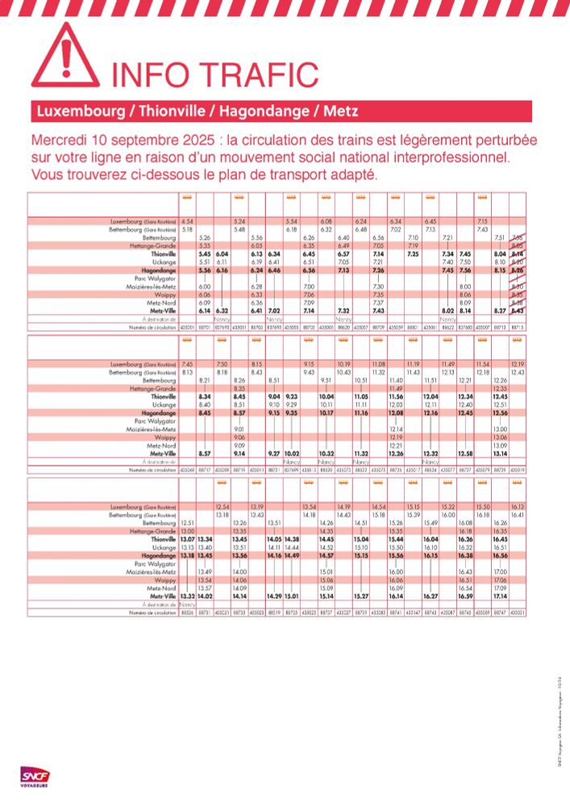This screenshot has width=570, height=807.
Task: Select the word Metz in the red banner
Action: [x=343, y=111]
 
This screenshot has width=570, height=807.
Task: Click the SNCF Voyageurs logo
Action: [x=35, y=776]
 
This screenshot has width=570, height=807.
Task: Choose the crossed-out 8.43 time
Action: [x=518, y=311]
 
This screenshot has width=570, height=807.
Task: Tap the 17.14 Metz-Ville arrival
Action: [x=500, y=596]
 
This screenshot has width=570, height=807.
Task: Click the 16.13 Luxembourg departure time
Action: [x=518, y=507]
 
